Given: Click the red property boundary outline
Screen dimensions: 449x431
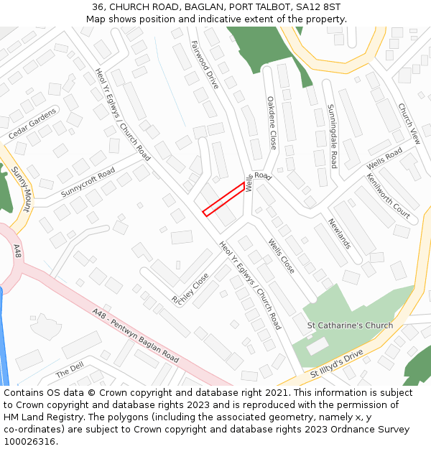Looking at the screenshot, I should pyautogui.click(x=223, y=199).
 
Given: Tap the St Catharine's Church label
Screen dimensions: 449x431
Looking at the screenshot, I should pyautogui.click(x=350, y=325).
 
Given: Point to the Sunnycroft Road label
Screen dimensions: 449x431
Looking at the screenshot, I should pyautogui.click(x=88, y=183).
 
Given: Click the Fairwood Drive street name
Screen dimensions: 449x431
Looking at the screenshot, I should pyautogui.click(x=205, y=64).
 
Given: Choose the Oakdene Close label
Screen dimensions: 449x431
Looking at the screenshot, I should pyautogui.click(x=272, y=123).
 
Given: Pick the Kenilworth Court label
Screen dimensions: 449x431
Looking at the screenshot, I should pyautogui.click(x=388, y=196).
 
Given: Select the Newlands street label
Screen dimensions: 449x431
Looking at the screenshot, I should pyautogui.click(x=340, y=233).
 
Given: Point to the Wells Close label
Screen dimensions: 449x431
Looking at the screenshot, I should pyautogui.click(x=281, y=256).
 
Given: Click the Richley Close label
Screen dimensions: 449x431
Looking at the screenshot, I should pyautogui.click(x=190, y=287).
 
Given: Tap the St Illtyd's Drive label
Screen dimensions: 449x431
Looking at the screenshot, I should pyautogui.click(x=337, y=364).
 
